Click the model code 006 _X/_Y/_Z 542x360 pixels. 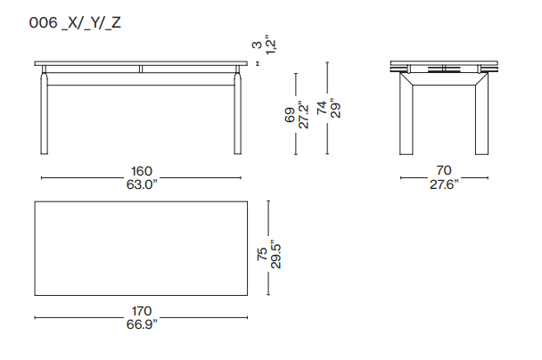(75, 23)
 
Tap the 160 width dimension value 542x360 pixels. (142, 171)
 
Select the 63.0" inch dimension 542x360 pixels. (142, 184)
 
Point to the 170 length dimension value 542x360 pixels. (142, 311)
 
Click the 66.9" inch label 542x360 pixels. (142, 324)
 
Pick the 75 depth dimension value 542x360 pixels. (262, 254)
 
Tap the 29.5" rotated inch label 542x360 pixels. (275, 254)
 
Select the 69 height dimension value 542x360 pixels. (290, 115)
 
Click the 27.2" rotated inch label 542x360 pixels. (303, 115)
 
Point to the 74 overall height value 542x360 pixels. (322, 108)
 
